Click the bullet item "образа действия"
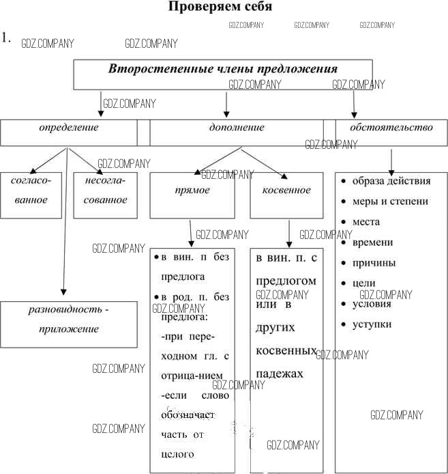(391, 181)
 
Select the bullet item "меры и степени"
(390, 201)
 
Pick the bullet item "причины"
(374, 263)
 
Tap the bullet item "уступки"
(372, 324)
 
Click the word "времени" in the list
(373, 242)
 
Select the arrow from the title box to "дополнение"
(226, 104)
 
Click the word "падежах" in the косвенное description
(280, 375)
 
